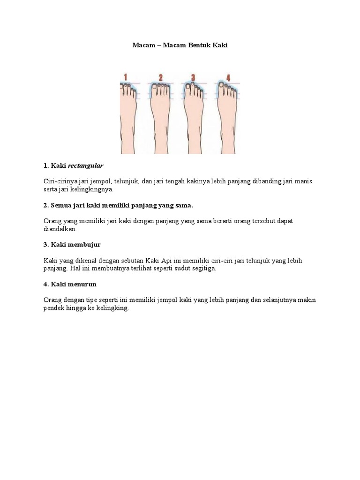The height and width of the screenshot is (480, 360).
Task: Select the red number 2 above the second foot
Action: [x=160, y=78]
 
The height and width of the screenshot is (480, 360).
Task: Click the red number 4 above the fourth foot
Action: [x=227, y=78]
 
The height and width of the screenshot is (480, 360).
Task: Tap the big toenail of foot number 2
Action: [x=153, y=86]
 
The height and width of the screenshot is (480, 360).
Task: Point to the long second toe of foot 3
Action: [x=194, y=85]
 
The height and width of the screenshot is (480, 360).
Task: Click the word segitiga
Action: [x=204, y=269]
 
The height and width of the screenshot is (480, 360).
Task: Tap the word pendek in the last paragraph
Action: [x=53, y=308]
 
